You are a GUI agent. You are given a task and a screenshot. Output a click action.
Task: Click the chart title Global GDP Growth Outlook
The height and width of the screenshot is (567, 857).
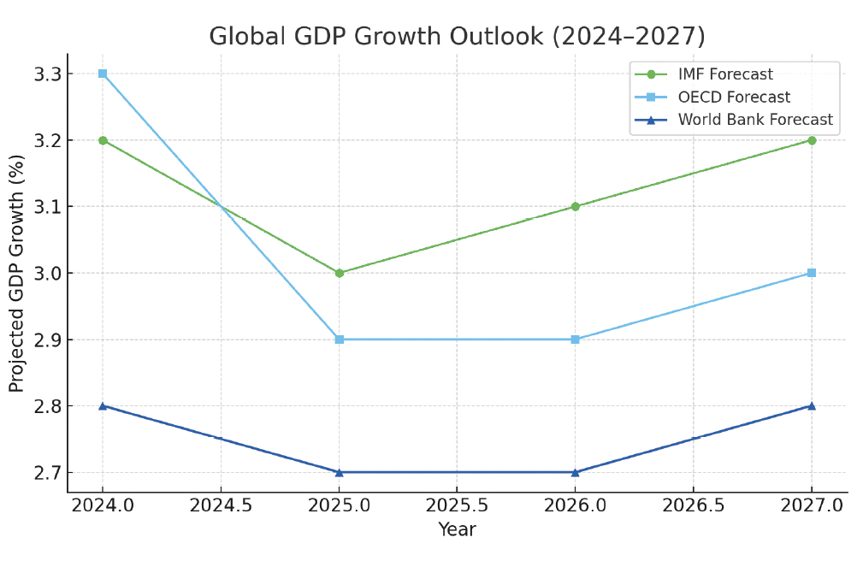(x=457, y=37)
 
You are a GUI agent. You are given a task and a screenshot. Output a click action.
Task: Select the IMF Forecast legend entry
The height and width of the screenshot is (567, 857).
(x=725, y=74)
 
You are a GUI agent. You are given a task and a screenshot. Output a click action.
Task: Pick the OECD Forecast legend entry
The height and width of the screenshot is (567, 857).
(x=734, y=97)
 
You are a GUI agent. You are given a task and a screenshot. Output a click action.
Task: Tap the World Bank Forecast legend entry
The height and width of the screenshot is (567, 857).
(x=755, y=120)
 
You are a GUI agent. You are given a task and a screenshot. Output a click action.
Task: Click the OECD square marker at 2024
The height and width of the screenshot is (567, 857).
(x=103, y=74)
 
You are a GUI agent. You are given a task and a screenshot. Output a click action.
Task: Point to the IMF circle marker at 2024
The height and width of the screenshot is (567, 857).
(x=103, y=140)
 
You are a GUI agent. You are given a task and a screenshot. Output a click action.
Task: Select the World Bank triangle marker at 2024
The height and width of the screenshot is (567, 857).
(x=103, y=405)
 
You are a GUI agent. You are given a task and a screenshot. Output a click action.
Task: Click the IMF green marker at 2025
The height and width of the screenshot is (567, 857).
(x=340, y=273)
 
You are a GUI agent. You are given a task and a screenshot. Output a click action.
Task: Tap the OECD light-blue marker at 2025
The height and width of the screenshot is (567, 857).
(x=340, y=340)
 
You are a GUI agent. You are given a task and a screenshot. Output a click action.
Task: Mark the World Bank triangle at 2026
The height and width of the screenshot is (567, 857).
(x=575, y=472)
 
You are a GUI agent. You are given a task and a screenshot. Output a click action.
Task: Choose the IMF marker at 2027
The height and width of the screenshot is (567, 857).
(x=811, y=140)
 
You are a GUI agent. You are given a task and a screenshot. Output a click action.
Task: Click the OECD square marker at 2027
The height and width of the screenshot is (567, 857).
(x=811, y=273)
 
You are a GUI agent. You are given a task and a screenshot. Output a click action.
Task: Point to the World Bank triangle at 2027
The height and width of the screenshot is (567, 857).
(x=811, y=405)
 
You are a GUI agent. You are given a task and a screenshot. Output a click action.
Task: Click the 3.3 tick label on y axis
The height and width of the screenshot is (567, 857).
(x=47, y=74)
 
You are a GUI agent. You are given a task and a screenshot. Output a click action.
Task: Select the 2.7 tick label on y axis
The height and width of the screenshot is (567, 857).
(x=47, y=473)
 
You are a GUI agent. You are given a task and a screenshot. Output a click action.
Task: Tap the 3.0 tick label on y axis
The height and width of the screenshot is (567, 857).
(x=47, y=274)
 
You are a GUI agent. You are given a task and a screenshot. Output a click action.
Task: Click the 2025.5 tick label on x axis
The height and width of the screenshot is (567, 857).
(x=457, y=505)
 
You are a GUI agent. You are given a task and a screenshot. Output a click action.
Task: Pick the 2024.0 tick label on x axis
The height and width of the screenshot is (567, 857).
(x=103, y=505)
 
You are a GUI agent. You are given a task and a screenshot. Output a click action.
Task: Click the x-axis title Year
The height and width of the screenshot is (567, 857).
(x=457, y=530)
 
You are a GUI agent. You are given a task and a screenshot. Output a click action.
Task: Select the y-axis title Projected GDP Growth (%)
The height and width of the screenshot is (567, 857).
(x=17, y=274)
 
